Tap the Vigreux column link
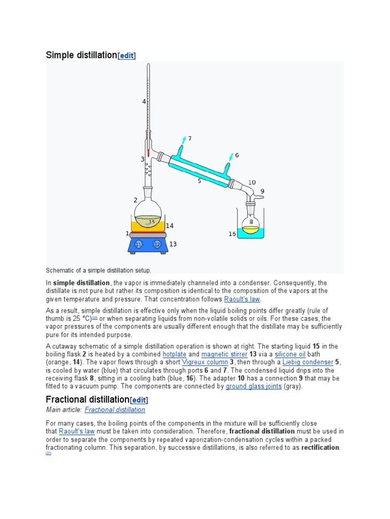tap(205, 362)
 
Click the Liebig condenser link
tap(309, 362)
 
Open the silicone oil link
tap(290, 354)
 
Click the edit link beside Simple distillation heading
tap(126, 56)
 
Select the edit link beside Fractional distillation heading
tap(139, 400)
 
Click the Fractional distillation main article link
tap(115, 410)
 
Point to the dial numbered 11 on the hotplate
tap(138, 245)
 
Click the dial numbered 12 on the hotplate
tap(157, 245)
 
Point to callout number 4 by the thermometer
tap(144, 102)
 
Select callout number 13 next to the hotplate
tap(173, 244)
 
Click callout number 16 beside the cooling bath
tap(232, 234)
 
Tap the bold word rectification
tap(320, 448)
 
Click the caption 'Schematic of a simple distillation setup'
tap(99, 270)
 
